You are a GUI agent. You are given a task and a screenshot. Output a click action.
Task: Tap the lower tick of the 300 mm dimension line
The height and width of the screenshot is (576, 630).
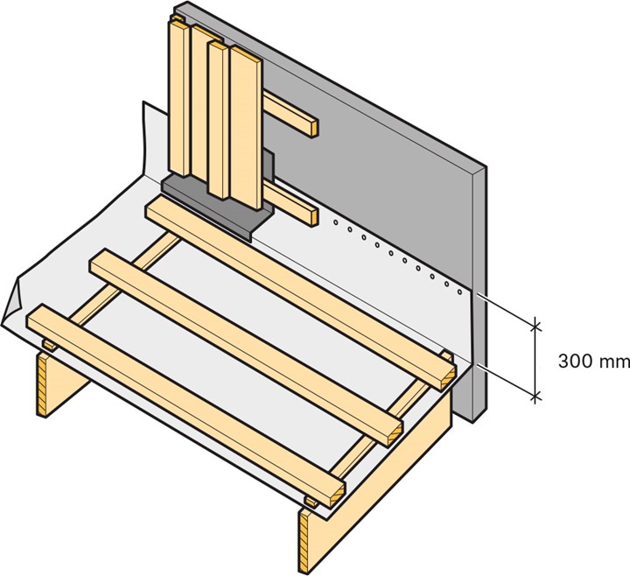coord(535,397)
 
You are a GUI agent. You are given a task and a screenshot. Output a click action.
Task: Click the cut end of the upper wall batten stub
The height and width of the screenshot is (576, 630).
coord(314,127)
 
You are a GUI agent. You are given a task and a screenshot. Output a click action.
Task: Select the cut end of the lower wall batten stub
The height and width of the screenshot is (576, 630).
coord(314,216)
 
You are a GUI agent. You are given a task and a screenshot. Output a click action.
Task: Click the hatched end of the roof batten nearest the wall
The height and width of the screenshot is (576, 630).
coord(448,378)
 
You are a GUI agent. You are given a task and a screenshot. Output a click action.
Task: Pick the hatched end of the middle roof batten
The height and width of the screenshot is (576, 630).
coord(395,433)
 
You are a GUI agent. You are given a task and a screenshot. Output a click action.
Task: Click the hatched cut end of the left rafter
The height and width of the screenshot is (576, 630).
coord(42,384)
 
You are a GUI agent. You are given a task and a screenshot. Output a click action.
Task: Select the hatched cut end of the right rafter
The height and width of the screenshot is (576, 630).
coord(304,541)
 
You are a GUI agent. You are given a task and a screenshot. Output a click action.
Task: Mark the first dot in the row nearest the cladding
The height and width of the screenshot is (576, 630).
coord(336,221)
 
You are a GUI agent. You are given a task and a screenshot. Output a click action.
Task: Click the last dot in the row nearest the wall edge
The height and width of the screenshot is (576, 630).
coord(460,292)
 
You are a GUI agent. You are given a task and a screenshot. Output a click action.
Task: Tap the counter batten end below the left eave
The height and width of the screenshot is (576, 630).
coord(49,345)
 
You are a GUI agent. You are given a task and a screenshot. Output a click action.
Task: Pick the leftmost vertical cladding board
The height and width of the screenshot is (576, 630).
coord(179,98)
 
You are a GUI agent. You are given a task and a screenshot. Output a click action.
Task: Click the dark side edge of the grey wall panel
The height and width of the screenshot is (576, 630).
coord(479,293)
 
